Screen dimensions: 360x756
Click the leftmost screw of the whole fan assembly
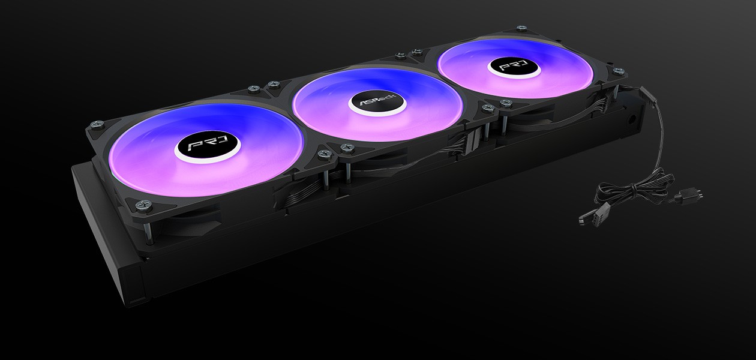coord(94,124)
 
